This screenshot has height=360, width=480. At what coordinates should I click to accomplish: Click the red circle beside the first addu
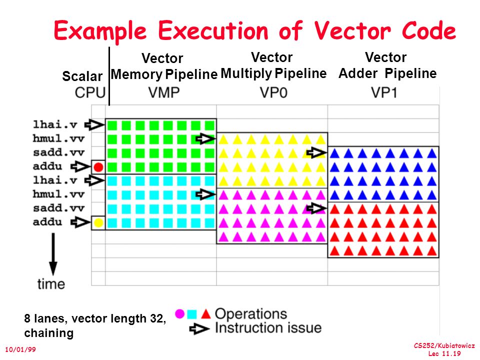tap(98, 167)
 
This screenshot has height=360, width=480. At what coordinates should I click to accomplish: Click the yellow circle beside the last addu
tap(98, 222)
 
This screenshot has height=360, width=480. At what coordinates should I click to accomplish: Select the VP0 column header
tap(273, 93)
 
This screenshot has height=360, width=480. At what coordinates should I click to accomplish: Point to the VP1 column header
tap(385, 93)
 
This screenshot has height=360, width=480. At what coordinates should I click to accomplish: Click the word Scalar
tap(82, 76)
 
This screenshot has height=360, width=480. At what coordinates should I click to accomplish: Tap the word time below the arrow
tap(51, 284)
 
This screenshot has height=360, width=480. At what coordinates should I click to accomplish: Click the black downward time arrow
tap(52, 255)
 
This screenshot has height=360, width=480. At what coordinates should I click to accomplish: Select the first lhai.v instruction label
tap(54, 124)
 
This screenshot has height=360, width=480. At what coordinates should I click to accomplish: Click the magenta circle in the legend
tap(180, 314)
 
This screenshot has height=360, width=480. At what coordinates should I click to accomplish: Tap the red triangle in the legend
tap(205, 314)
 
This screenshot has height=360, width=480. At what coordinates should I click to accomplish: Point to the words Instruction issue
tap(268, 328)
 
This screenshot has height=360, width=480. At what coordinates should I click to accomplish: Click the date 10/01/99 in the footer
tap(20, 349)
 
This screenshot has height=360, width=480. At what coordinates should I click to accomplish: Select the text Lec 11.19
tap(444, 354)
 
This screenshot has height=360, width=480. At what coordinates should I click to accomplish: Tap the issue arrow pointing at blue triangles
tap(316, 152)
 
